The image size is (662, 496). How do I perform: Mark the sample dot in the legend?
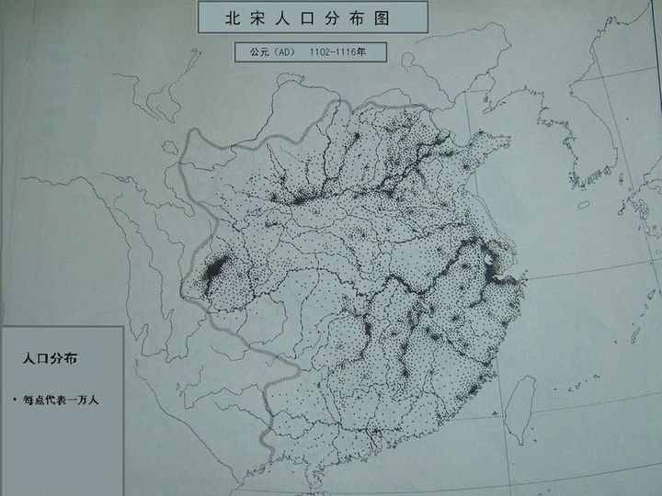pos(16,400)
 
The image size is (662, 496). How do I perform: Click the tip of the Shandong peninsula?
pos(506,141)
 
